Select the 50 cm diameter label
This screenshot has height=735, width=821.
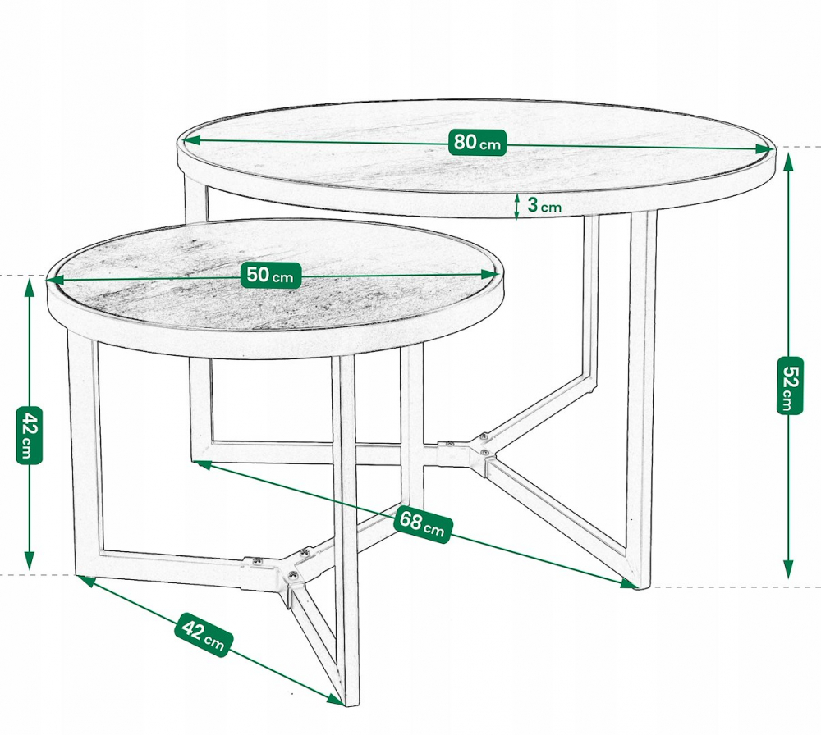[269, 276]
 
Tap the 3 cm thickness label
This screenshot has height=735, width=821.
[544, 206]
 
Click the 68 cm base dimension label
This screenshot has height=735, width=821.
[422, 523]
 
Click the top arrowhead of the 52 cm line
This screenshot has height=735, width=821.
[788, 161]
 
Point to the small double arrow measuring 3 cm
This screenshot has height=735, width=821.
[516, 208]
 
